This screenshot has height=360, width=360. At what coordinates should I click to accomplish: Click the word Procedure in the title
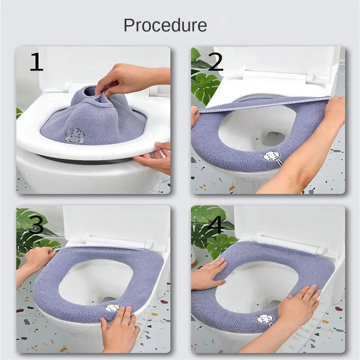click(165, 25)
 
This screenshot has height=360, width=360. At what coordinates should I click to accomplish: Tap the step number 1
click(36, 62)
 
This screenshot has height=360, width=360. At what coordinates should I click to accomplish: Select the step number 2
click(215, 62)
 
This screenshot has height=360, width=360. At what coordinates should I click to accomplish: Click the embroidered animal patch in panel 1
click(73, 135)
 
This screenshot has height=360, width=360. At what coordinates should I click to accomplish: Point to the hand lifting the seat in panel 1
click(153, 157)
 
